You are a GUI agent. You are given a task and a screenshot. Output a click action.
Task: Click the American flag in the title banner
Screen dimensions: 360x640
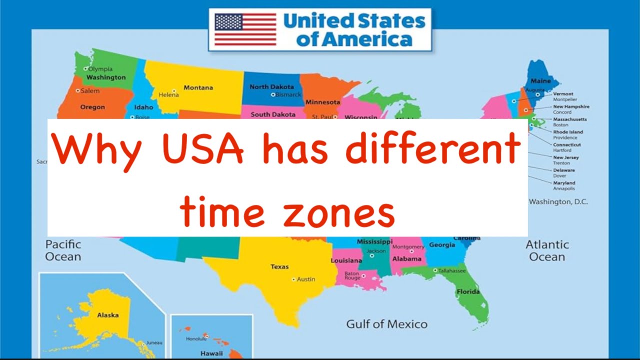245,29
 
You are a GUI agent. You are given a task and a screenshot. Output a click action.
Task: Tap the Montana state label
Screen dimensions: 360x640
198,87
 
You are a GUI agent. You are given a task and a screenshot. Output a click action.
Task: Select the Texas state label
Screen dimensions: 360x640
279,266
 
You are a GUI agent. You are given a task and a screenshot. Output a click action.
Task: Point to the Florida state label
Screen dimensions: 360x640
467,291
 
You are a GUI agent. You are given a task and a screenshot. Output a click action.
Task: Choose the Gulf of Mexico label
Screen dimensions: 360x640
386,324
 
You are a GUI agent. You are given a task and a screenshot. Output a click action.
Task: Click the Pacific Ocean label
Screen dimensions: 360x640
63,250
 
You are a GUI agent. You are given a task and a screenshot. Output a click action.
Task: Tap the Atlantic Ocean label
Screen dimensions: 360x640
547,250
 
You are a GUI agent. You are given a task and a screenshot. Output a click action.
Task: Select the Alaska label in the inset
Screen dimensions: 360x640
107,315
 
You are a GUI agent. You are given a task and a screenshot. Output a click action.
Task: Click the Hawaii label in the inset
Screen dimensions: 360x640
211,353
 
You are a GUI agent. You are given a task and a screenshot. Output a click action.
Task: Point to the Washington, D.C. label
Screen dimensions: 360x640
558,202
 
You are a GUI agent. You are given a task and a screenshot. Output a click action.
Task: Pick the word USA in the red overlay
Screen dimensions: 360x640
203,149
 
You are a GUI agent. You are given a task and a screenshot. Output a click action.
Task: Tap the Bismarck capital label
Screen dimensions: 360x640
288,94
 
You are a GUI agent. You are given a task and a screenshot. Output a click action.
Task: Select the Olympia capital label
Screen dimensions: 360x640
100,69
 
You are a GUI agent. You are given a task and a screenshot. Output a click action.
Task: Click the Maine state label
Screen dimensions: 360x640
540,81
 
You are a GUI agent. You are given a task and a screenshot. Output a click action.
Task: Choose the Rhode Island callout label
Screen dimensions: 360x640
567,132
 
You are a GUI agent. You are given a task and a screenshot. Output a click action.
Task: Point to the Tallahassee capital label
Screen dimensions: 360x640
451,270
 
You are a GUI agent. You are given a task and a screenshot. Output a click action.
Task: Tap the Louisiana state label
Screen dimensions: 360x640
346,260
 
